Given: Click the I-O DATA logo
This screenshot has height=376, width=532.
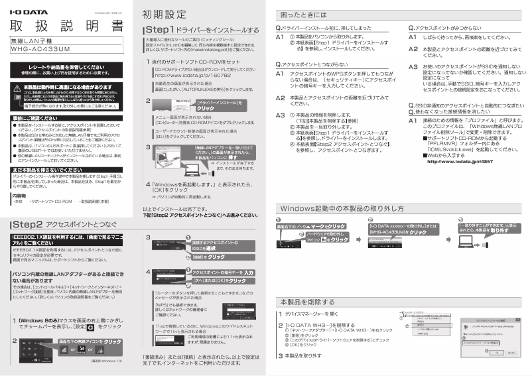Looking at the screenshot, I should pos(27,9).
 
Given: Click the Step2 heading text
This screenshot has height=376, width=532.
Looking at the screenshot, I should pos(27,225).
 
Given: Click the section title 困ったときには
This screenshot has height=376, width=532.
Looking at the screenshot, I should pos(305,15).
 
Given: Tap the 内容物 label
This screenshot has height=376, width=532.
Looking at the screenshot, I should pos(19,196).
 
